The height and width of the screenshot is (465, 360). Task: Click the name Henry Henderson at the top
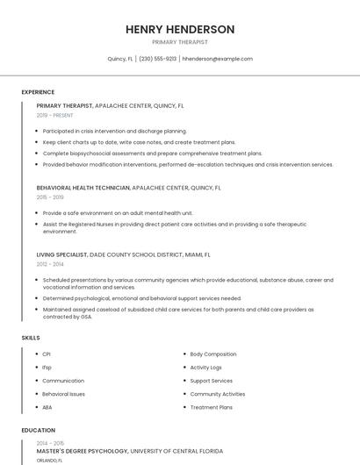tap(180, 29)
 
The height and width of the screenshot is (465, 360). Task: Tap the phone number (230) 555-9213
tap(157, 59)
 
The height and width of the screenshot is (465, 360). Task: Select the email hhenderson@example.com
tap(217, 59)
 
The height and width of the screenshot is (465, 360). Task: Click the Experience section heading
tap(38, 92)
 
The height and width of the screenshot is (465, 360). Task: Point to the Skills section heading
tap(31, 337)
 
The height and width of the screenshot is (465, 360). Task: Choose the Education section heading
tap(38, 431)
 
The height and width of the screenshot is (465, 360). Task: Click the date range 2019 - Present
tap(54, 115)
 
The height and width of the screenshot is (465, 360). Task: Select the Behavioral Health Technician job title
tap(83, 187)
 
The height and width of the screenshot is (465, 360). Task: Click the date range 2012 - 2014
tap(50, 264)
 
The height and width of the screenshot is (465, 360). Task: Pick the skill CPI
tap(47, 354)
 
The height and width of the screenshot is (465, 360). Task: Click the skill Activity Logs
tap(205, 368)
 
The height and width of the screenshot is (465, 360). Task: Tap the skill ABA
tap(47, 407)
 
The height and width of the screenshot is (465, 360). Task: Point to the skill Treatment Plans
tap(211, 407)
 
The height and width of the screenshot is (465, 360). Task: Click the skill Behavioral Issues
tap(63, 394)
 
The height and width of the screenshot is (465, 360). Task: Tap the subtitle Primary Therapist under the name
tap(180, 42)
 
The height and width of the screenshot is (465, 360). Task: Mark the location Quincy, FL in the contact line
tap(120, 59)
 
